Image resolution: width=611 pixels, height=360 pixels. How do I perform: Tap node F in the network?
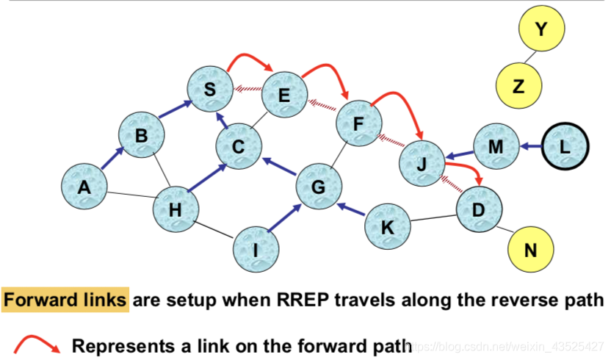tap(359, 123)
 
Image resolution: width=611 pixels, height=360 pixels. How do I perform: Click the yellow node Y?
tap(541, 30)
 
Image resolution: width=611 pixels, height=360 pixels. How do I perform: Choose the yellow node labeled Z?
tap(518, 85)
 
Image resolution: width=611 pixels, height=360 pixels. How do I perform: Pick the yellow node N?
tap(530, 250)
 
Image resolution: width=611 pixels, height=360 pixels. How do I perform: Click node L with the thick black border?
tap(565, 148)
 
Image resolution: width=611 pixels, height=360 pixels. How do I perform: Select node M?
tap(496, 148)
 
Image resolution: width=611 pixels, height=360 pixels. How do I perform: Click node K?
tap(388, 228)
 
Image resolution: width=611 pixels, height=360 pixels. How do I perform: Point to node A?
tap(84, 187)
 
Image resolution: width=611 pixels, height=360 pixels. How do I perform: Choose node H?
tap(175, 209)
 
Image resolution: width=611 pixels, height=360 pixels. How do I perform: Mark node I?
tap(256, 250)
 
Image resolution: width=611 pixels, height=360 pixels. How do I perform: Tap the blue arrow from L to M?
tap(530, 148)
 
